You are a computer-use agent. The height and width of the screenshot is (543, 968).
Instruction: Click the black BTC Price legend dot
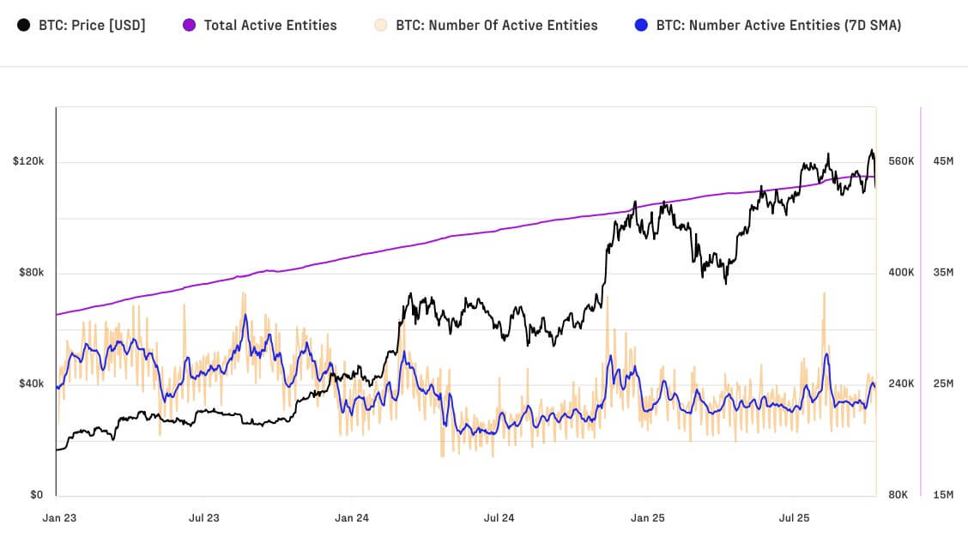point(24,25)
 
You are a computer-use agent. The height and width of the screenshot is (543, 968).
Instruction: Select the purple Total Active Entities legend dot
point(190,25)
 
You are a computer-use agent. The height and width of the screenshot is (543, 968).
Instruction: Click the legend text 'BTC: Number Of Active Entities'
point(497,25)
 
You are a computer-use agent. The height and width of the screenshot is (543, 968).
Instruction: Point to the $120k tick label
point(28,161)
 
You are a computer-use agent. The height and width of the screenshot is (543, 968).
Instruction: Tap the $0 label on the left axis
point(36,495)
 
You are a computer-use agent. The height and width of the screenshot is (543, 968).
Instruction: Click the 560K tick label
point(901,161)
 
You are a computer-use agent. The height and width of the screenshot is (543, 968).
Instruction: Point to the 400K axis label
point(901,273)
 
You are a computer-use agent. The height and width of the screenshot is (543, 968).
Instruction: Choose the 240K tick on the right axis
point(901,383)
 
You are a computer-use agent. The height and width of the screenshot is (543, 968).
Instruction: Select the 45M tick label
point(943,161)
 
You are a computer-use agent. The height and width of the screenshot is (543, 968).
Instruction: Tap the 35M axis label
point(943,273)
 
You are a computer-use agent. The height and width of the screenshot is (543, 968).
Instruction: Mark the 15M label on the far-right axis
point(943,495)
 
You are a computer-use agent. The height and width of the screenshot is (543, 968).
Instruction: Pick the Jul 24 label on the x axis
point(499,518)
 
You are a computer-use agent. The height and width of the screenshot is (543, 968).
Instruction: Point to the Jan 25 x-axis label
point(647,518)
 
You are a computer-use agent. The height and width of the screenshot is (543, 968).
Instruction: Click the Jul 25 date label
point(794,518)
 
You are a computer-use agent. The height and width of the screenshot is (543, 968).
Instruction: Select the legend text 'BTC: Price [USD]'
point(92,25)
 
